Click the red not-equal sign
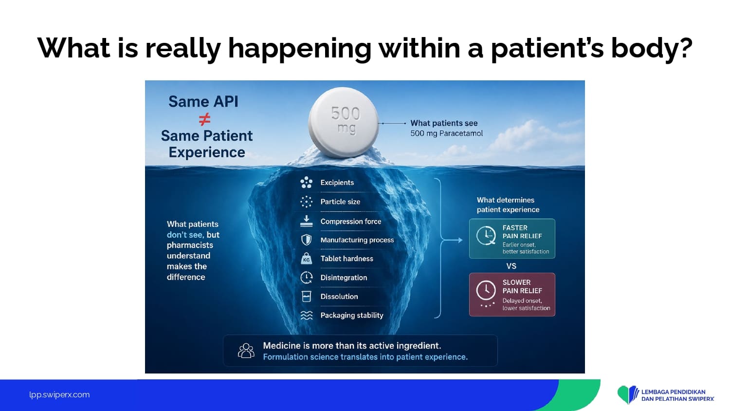(205, 119)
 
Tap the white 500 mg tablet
(344, 123)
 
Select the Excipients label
(337, 183)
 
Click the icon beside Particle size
(306, 202)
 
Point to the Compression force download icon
(306, 221)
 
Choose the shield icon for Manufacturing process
(306, 240)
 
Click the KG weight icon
(306, 259)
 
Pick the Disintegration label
(344, 278)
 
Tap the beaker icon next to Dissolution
(306, 297)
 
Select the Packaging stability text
(352, 316)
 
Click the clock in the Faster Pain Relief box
(486, 235)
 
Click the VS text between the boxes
(511, 266)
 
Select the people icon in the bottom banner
(246, 351)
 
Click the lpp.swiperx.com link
(59, 395)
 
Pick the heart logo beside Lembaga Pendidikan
(628, 394)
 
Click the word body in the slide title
(652, 48)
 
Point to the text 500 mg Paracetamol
(446, 133)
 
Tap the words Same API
(203, 101)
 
